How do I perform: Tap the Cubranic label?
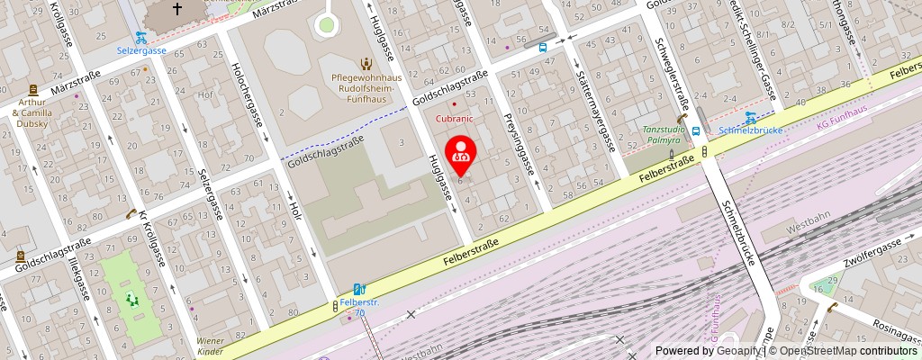454,118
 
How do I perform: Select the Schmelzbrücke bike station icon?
750,116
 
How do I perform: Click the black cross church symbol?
177,10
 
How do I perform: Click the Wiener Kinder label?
211,346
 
